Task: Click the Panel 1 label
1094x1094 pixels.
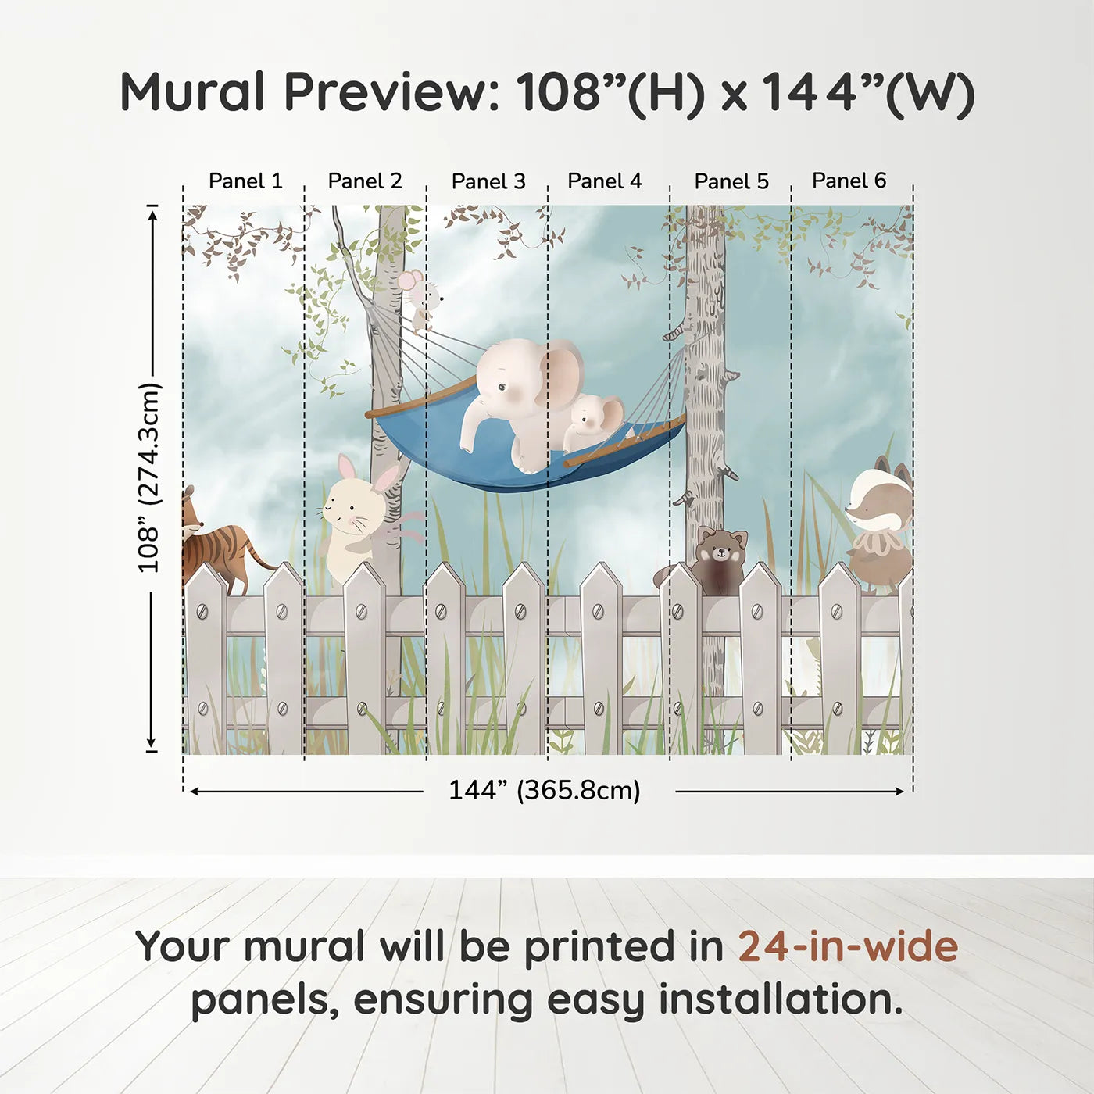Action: [245, 181]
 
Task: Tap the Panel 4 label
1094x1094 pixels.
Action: [604, 181]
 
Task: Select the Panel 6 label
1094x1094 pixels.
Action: [849, 181]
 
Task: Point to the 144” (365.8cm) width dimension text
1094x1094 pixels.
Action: [544, 790]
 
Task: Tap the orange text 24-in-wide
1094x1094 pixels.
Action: [848, 946]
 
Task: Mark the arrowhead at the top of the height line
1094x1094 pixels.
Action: [152, 213]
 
